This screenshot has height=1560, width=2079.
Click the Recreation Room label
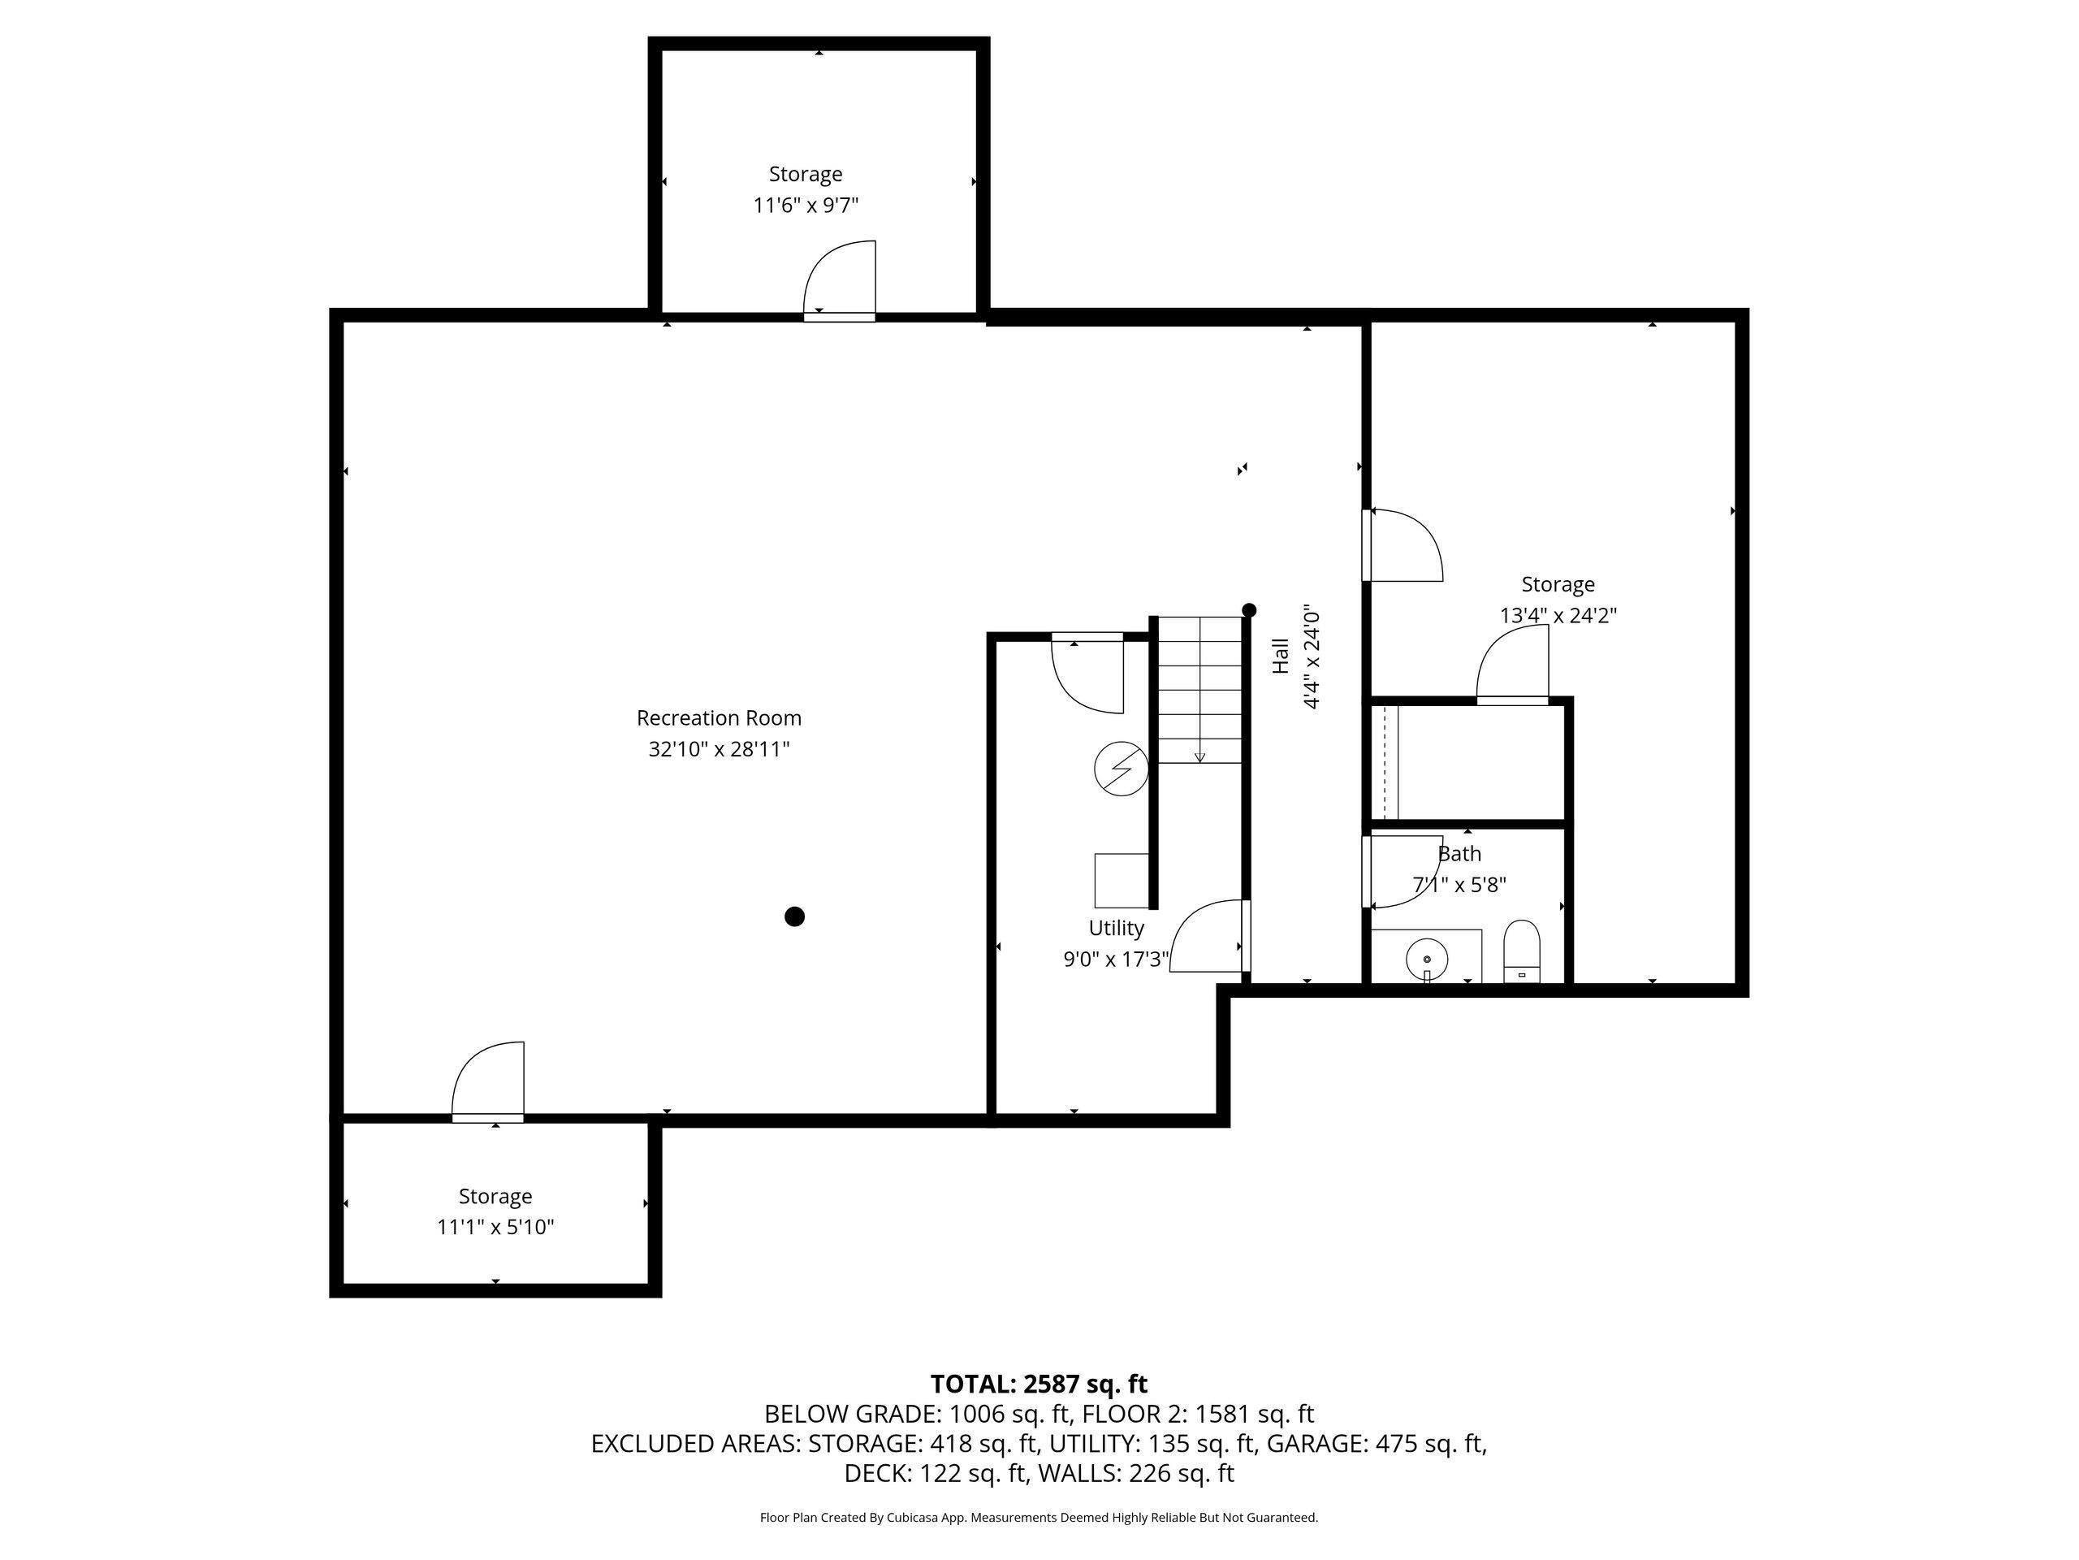[x=719, y=718]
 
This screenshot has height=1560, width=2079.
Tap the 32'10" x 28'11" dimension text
[x=719, y=749]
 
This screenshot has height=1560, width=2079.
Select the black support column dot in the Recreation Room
[x=794, y=916]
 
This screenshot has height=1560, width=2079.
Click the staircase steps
[x=1199, y=689]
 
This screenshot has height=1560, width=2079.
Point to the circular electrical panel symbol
[x=1122, y=769]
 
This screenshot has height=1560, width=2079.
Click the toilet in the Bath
[x=1522, y=951]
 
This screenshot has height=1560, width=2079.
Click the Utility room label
[x=1117, y=928]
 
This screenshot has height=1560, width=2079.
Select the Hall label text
[x=1280, y=656]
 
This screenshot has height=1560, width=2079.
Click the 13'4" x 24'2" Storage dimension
[x=1558, y=616]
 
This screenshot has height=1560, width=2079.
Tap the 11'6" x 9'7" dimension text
[x=806, y=205]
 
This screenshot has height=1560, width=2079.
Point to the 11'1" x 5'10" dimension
[x=495, y=1227]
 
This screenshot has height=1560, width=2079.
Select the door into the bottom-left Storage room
[x=488, y=1082]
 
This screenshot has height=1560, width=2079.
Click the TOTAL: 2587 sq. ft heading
[x=1039, y=1384]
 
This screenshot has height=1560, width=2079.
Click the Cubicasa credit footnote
[x=1039, y=1517]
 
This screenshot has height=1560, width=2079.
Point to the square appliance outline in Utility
[x=1122, y=880]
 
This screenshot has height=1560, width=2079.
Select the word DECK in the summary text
[x=876, y=1474]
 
